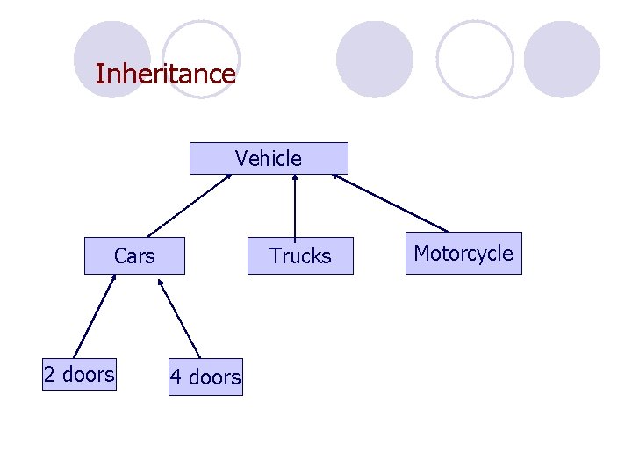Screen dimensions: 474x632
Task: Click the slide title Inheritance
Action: pos(165,74)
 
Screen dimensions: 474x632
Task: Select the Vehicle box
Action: pos(269,159)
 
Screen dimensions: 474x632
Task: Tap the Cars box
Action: pos(134,256)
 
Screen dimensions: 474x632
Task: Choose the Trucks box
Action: pos(300,256)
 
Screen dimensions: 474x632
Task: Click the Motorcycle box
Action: pos(463,254)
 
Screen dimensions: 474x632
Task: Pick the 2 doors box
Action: pos(79,375)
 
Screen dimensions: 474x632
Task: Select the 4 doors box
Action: pos(205,377)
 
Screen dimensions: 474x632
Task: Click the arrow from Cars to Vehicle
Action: pos(188,205)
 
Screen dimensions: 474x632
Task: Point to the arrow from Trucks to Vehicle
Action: pos(295,206)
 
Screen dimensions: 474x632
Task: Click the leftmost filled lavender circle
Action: pos(111,59)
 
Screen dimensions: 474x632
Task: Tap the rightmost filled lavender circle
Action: pos(562,59)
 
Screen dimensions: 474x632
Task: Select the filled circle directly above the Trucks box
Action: pos(375,59)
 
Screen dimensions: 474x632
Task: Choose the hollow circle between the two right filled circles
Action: pos(475,59)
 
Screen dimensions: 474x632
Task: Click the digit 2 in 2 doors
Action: pos(49,375)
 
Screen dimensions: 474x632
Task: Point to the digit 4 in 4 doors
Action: pos(176,377)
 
